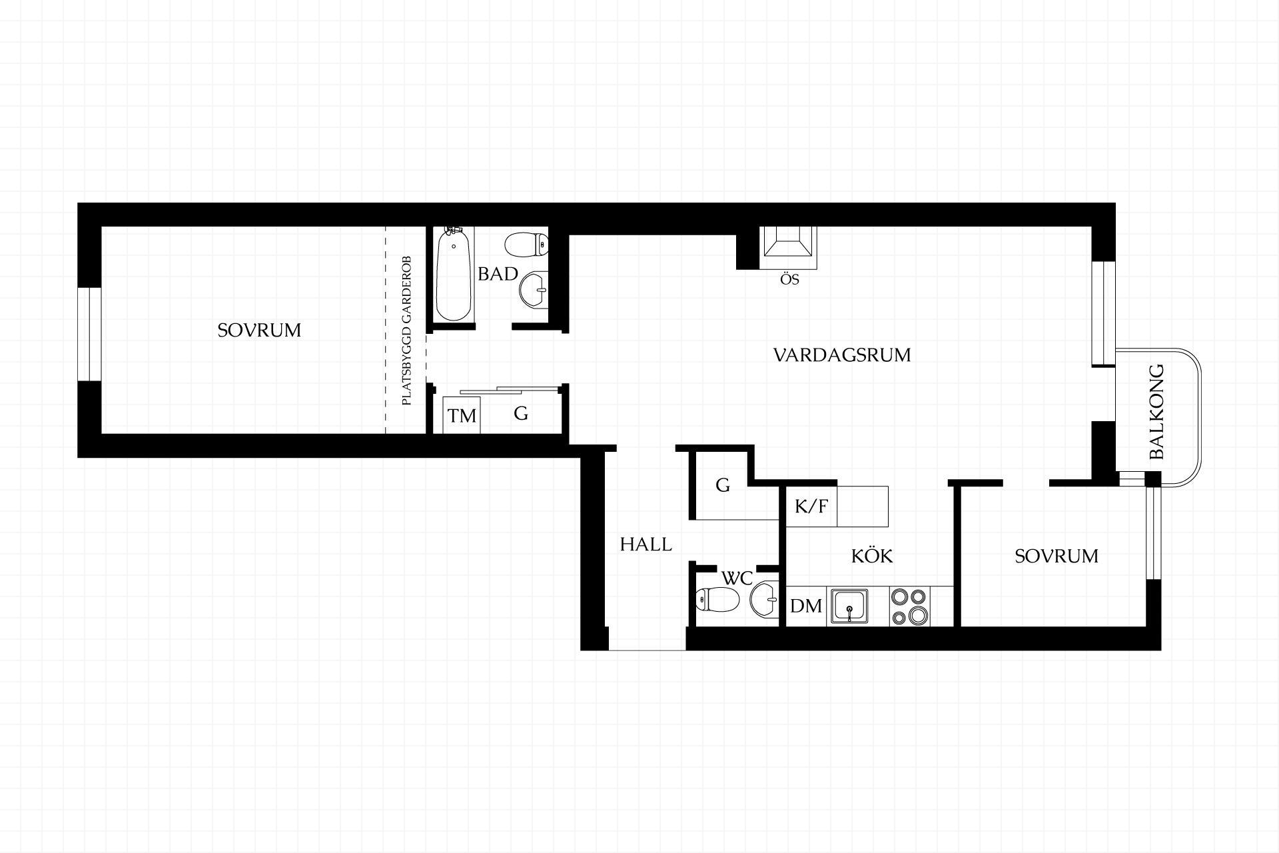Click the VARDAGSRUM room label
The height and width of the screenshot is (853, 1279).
pyautogui.click(x=842, y=355)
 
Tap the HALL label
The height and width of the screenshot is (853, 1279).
pyautogui.click(x=645, y=544)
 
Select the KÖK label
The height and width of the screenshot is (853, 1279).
pyautogui.click(x=872, y=555)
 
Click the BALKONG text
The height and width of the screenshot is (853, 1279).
pyautogui.click(x=1157, y=411)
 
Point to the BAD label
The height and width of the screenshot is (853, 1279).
pyautogui.click(x=498, y=274)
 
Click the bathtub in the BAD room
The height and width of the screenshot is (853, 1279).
pyautogui.click(x=454, y=274)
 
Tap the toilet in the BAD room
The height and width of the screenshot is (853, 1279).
pyautogui.click(x=526, y=245)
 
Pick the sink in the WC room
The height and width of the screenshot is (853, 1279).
pyautogui.click(x=764, y=600)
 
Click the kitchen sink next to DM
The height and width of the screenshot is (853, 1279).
pyautogui.click(x=848, y=606)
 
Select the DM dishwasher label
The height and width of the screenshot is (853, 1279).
pyautogui.click(x=806, y=606)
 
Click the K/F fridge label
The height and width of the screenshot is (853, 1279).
pyautogui.click(x=811, y=506)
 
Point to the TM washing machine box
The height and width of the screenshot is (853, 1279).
pyautogui.click(x=462, y=415)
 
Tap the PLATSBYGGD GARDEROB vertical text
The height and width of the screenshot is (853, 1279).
pyautogui.click(x=406, y=331)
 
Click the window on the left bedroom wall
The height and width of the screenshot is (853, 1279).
pyautogui.click(x=89, y=334)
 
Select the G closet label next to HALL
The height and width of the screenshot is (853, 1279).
pyautogui.click(x=723, y=485)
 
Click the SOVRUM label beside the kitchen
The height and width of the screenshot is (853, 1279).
pyautogui.click(x=1057, y=556)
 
